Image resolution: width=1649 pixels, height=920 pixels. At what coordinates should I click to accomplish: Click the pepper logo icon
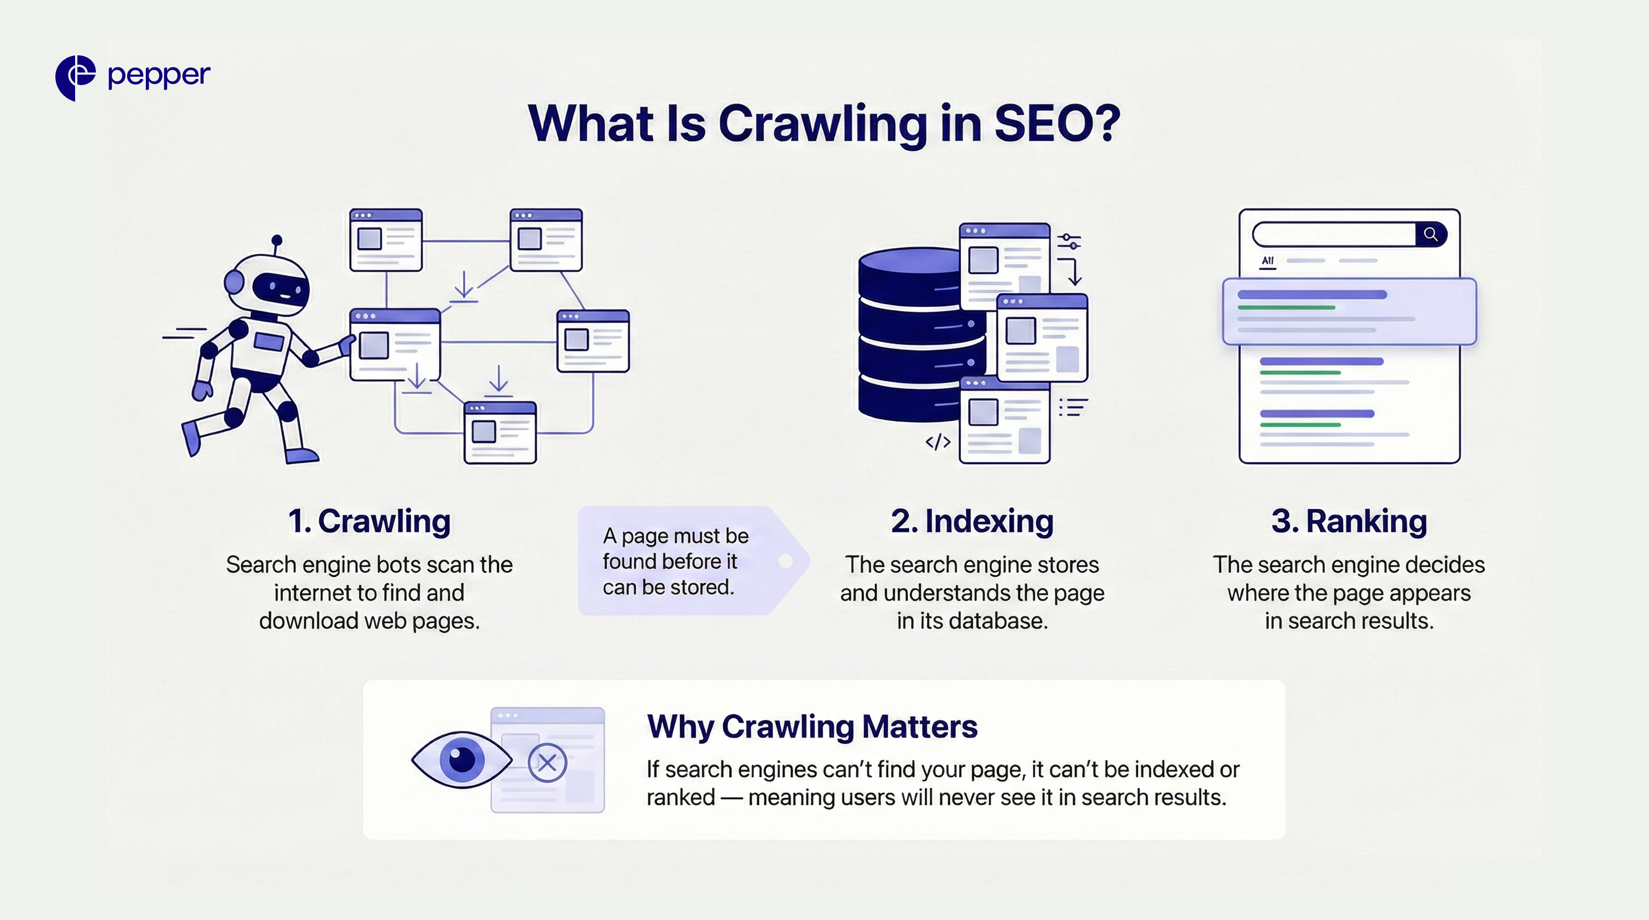point(75,77)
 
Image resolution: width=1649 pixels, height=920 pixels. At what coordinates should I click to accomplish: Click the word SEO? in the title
point(1056,123)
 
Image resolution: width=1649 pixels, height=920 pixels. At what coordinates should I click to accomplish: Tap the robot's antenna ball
point(276,241)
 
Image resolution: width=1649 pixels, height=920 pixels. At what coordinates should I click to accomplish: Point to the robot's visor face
point(280,289)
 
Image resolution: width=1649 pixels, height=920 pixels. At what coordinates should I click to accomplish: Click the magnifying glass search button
point(1431,234)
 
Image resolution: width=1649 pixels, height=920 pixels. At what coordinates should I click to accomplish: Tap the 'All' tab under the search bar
point(1267,260)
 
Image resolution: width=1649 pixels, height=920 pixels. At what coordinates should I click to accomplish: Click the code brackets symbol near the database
point(938,442)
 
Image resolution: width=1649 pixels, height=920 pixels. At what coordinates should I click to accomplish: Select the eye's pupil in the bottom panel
point(462,759)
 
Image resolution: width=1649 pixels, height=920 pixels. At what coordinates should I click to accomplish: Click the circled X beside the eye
point(547,762)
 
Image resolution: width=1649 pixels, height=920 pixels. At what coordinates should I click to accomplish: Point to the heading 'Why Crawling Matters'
point(812,726)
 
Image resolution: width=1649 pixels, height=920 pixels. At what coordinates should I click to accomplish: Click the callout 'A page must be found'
point(676,561)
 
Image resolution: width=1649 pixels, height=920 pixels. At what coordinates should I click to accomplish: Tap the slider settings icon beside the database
point(1069,241)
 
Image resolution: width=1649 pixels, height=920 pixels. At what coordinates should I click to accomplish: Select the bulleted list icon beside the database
point(1073,407)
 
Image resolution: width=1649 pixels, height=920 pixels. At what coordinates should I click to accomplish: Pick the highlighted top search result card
point(1349,312)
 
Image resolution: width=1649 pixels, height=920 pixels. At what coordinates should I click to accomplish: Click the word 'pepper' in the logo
point(159,76)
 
